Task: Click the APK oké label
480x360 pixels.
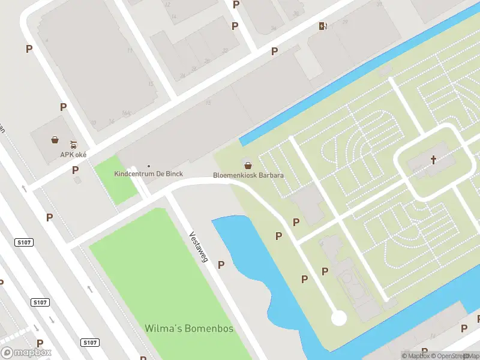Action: pyautogui.click(x=73, y=155)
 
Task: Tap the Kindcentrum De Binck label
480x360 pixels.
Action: pyautogui.click(x=148, y=174)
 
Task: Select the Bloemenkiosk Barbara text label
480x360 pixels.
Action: pyautogui.click(x=248, y=176)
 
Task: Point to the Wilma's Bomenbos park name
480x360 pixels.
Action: pyautogui.click(x=188, y=329)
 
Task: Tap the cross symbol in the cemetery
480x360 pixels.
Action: pyautogui.click(x=434, y=160)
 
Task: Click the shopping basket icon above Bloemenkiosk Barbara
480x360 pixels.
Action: pyautogui.click(x=247, y=165)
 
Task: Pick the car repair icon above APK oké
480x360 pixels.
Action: pyautogui.click(x=73, y=145)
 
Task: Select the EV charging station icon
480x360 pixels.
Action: pyautogui.click(x=323, y=26)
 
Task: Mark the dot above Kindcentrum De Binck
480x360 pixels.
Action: pyautogui.click(x=149, y=166)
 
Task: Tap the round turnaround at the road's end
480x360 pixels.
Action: pyautogui.click(x=339, y=318)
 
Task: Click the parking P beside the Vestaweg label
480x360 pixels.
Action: pyautogui.click(x=221, y=265)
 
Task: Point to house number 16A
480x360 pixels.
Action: pyautogui.click(x=126, y=113)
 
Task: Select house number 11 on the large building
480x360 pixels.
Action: pyautogui.click(x=130, y=50)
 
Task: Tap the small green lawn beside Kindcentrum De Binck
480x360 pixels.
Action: pyautogui.click(x=115, y=178)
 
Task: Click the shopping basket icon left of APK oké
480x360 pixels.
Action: pyautogui.click(x=55, y=140)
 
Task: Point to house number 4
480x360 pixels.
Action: pyautogui.click(x=46, y=41)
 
